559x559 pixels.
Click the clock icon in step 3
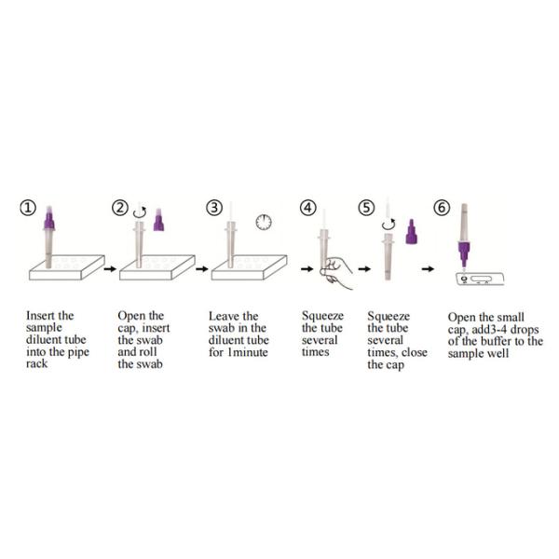click(x=264, y=222)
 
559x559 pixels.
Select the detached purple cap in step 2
click(x=159, y=222)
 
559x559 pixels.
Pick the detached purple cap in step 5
click(x=410, y=230)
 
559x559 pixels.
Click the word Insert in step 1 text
click(x=41, y=316)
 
